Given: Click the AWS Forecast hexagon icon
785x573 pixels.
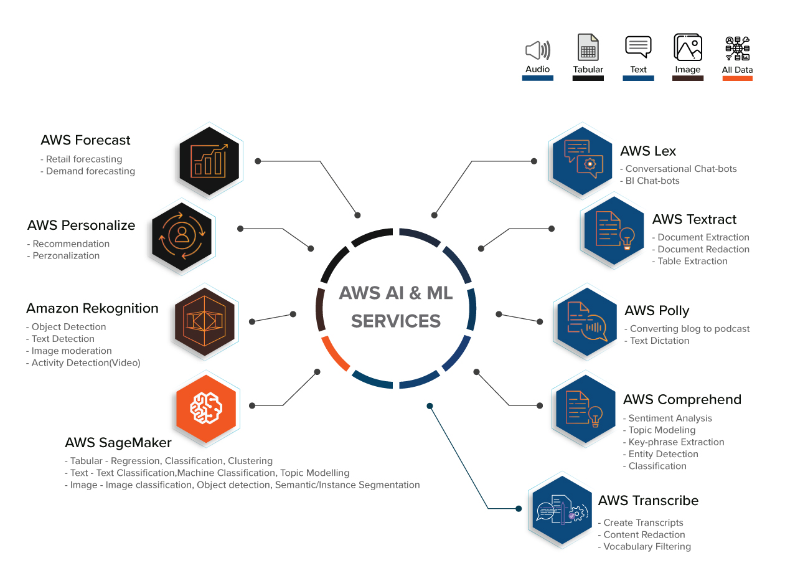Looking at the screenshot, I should pyautogui.click(x=210, y=156).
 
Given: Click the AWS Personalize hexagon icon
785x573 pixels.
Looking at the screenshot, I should pyautogui.click(x=182, y=236).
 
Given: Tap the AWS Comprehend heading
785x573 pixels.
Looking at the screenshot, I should pyautogui.click(x=682, y=399).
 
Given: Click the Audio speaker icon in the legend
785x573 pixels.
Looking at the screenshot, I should pyautogui.click(x=538, y=50).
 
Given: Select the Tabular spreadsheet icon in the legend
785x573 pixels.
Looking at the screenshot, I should pyautogui.click(x=588, y=48).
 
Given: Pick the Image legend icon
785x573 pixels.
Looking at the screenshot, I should pyautogui.click(x=687, y=48).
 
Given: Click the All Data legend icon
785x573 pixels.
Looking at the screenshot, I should pyautogui.click(x=737, y=49).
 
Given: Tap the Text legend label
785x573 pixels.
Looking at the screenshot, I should pyautogui.click(x=638, y=70).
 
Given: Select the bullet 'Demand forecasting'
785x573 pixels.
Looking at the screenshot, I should pyautogui.click(x=90, y=171).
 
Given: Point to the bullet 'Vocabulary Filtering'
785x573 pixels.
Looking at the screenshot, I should pyautogui.click(x=646, y=547).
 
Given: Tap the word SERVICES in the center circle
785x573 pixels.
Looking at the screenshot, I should pyautogui.click(x=396, y=321).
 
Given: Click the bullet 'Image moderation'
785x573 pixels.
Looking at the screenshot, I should pyautogui.click(x=71, y=351).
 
